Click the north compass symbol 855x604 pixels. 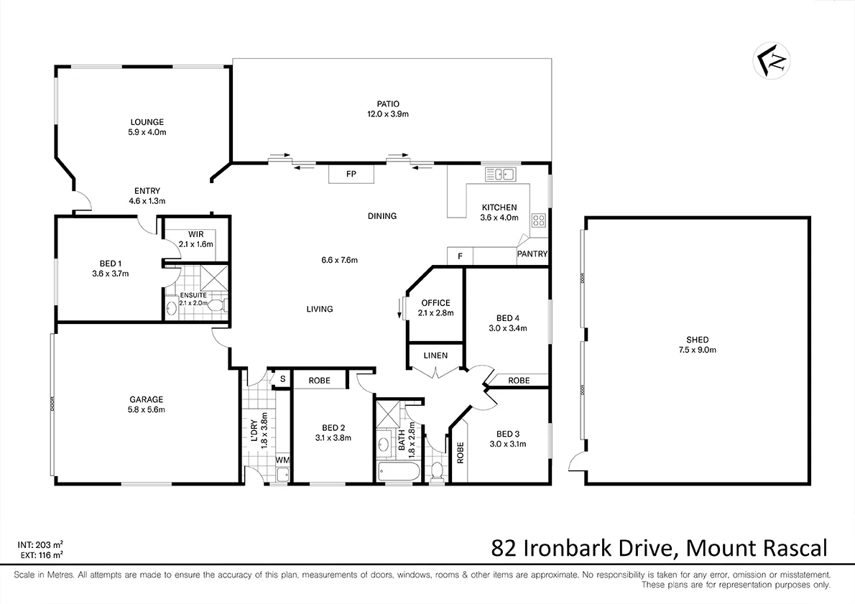pos(772,61)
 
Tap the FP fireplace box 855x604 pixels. pos(351,175)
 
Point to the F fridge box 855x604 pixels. pos(460,256)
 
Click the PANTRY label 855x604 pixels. pos(532,254)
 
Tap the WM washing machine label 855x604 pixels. pos(282,459)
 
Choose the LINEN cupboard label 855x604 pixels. pos(435,356)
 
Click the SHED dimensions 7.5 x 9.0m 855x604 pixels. pos(697,350)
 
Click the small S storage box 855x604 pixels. pos(282,379)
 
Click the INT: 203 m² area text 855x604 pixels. pos(40,545)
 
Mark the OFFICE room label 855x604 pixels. pos(435,303)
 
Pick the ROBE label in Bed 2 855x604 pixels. pos(319,380)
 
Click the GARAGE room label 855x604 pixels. pos(146,400)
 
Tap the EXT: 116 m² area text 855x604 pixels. pos(40,555)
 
